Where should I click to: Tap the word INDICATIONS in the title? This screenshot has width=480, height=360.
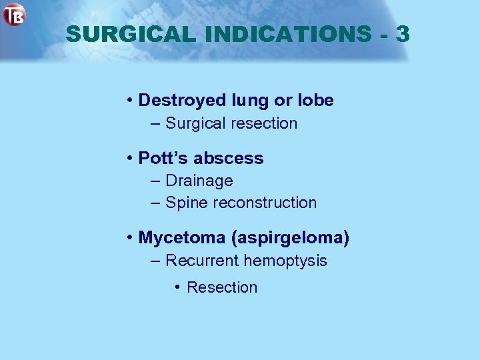[x=282, y=34]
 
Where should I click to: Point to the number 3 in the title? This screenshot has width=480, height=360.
[x=402, y=34]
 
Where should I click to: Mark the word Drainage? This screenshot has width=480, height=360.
[x=199, y=181]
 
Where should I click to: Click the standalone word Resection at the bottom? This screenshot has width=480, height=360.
[x=221, y=287]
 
